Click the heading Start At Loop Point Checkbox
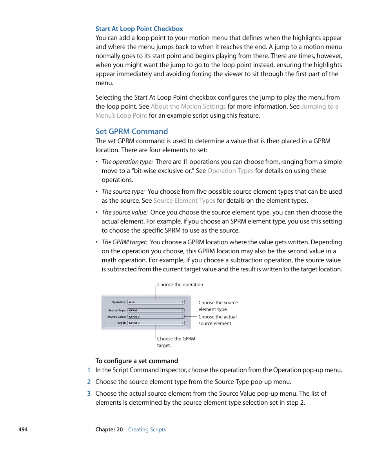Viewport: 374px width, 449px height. pyautogui.click(x=139, y=29)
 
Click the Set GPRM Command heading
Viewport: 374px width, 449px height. pyautogui.click(x=131, y=131)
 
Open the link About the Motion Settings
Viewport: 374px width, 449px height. pyautogui.click(x=188, y=106)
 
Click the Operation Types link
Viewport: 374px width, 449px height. pyautogui.click(x=230, y=171)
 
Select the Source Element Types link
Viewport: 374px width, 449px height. pyautogui.click(x=184, y=200)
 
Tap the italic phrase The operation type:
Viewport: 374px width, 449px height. pyautogui.click(x=127, y=162)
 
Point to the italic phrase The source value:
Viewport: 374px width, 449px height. pyautogui.click(x=125, y=212)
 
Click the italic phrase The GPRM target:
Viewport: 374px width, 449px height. pyautogui.click(x=124, y=242)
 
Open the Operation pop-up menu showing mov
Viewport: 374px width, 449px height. pyautogui.click(x=156, y=302)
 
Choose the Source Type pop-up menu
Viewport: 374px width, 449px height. pyautogui.click(x=156, y=310)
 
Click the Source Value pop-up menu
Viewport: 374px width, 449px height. pyautogui.click(x=156, y=316)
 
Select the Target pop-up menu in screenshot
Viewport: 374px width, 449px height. pyautogui.click(x=156, y=323)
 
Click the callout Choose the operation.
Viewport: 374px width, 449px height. pyautogui.click(x=181, y=285)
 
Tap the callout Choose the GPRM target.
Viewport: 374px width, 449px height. pyautogui.click(x=176, y=342)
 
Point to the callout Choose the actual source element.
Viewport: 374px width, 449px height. pyautogui.click(x=217, y=320)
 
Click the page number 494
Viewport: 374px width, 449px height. pyautogui.click(x=23, y=429)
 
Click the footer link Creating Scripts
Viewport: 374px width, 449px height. pyautogui.click(x=147, y=429)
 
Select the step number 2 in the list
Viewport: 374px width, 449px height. pyautogui.click(x=89, y=382)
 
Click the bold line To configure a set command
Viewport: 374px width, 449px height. pyautogui.click(x=136, y=361)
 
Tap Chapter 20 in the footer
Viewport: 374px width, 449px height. pyautogui.click(x=109, y=429)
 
